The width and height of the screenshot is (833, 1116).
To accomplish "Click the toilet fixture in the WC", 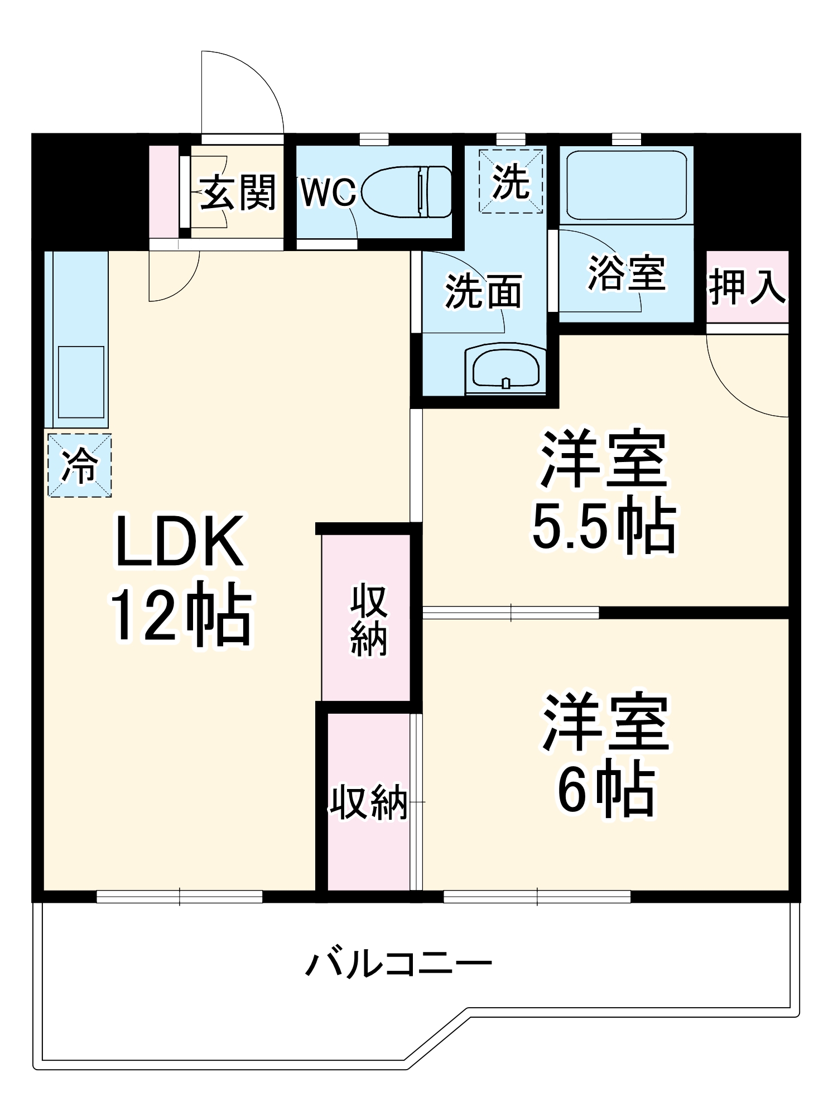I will coord(407,192).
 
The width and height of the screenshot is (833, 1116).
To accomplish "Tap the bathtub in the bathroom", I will coord(626,185).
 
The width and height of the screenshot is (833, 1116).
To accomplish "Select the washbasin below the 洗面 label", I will coord(505,368).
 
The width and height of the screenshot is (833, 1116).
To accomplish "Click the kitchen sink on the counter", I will coord(81,382).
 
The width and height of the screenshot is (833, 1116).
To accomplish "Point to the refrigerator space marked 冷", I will coord(80,465).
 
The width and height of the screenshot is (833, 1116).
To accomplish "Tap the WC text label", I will coord(328,193).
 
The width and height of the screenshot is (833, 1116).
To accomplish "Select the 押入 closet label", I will coord(747,287).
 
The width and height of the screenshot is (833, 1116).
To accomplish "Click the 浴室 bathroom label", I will coord(627,273).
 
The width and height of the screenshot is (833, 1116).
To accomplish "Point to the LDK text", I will coord(179,541).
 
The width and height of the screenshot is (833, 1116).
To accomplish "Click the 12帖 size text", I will coord(181,615).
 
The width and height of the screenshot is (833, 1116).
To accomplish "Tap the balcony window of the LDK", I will coord(179,897).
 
